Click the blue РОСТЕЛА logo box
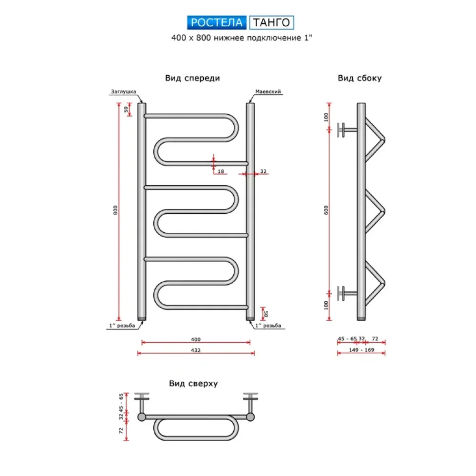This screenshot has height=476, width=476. (x=217, y=22)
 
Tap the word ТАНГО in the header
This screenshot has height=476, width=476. (x=271, y=22)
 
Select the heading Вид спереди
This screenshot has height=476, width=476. (x=192, y=78)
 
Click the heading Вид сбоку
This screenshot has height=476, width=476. (x=360, y=78)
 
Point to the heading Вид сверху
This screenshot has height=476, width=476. (x=193, y=383)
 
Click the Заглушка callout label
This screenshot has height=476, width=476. (x=123, y=91)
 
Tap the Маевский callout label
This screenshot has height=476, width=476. (x=268, y=91)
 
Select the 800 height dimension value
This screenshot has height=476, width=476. (x=115, y=210)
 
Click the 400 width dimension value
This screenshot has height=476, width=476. (x=196, y=339)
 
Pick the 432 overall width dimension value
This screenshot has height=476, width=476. (x=196, y=350)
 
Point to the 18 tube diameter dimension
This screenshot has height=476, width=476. (x=221, y=171)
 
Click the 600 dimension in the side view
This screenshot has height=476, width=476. (x=326, y=210)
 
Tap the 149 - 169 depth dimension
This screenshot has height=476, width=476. (x=361, y=350)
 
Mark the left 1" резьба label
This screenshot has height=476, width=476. (x=122, y=326)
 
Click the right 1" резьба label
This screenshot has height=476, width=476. (x=268, y=326)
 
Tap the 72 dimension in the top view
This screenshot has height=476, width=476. (x=121, y=430)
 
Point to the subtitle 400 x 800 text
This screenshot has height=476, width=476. (x=191, y=38)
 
